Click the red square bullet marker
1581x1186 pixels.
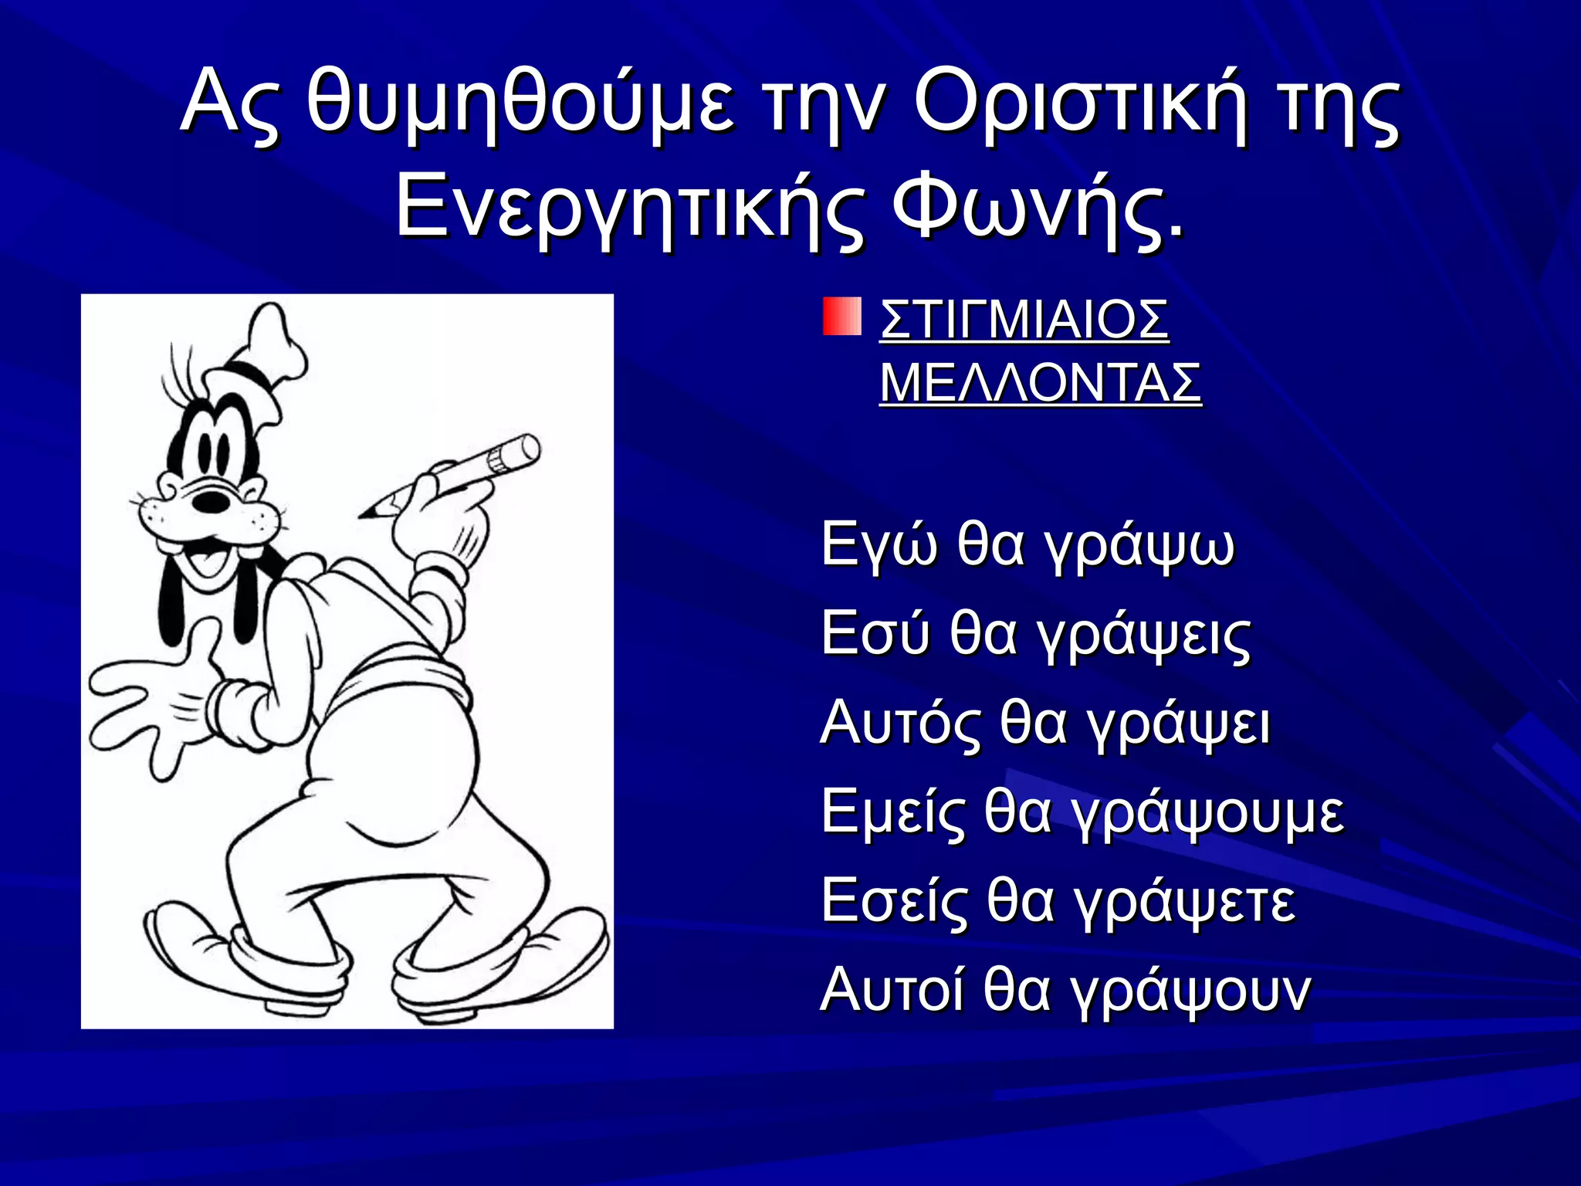(841, 317)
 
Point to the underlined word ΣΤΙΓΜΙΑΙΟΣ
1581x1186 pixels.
(1024, 319)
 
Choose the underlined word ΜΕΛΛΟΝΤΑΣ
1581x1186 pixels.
(1040, 383)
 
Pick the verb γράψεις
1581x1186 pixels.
(1142, 635)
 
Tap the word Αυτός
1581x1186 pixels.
(899, 723)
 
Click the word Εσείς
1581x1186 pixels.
(893, 902)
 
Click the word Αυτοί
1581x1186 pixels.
(892, 991)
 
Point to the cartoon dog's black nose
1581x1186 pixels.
(212, 502)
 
